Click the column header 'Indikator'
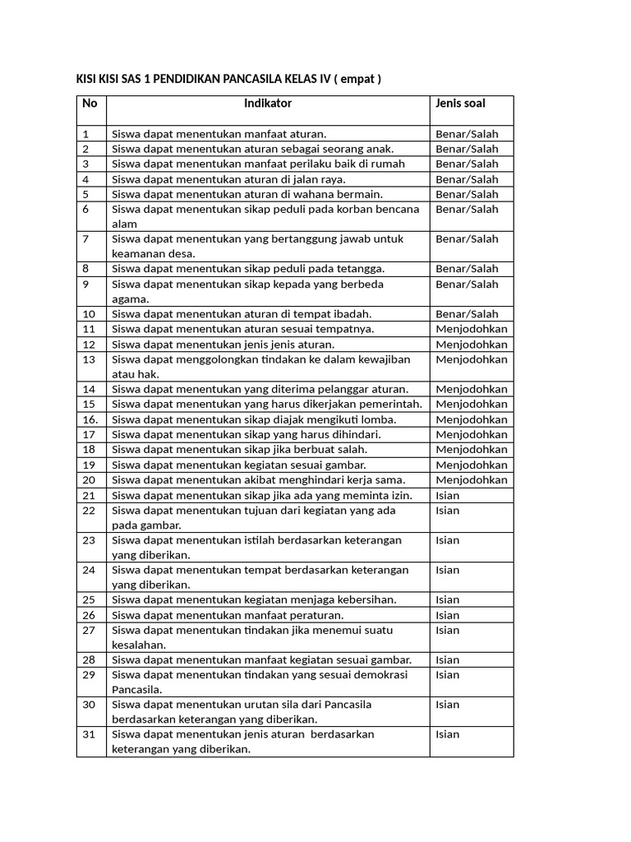click(268, 104)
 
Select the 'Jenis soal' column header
click(460, 104)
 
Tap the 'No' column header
click(90, 104)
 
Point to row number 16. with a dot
click(90, 419)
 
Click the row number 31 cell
click(90, 734)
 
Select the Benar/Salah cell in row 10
click(467, 313)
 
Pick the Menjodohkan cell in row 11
click(472, 329)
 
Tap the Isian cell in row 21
click(448, 495)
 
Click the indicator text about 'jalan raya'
click(228, 179)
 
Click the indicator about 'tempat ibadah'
click(242, 313)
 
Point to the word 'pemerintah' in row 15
click(391, 404)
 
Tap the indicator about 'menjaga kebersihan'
click(254, 599)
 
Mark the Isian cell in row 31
click(448, 734)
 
